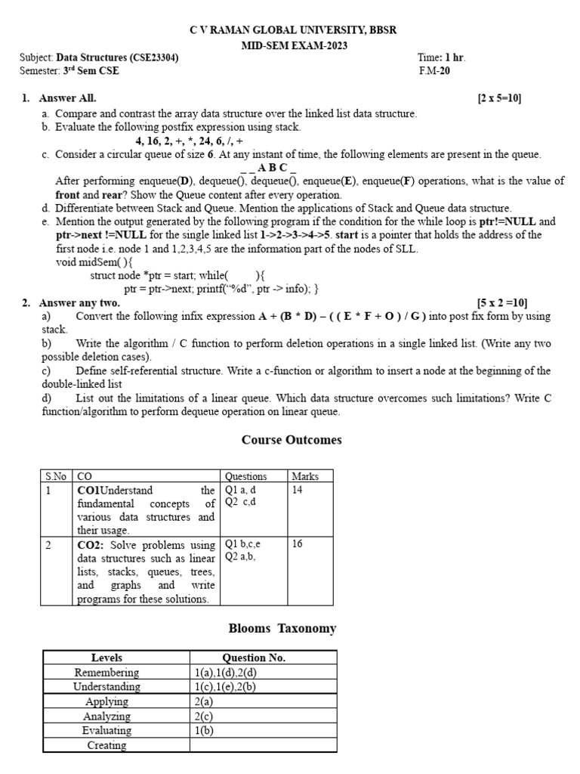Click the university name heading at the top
pyautogui.click(x=292, y=30)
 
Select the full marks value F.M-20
pyautogui.click(x=434, y=72)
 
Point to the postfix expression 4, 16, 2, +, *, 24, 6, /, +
pyautogui.click(x=189, y=141)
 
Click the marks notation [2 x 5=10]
pyautogui.click(x=499, y=99)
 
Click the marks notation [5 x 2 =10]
pyautogui.click(x=501, y=303)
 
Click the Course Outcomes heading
pyautogui.click(x=292, y=440)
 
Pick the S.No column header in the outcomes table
pyautogui.click(x=57, y=476)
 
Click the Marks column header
pyautogui.click(x=306, y=476)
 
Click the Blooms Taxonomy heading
pyautogui.click(x=282, y=629)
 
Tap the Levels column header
pyautogui.click(x=106, y=658)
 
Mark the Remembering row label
pyautogui.click(x=106, y=673)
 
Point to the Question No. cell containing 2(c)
pyautogui.click(x=204, y=717)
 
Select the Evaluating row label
pyautogui.click(x=106, y=731)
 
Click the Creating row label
pyautogui.click(x=106, y=745)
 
